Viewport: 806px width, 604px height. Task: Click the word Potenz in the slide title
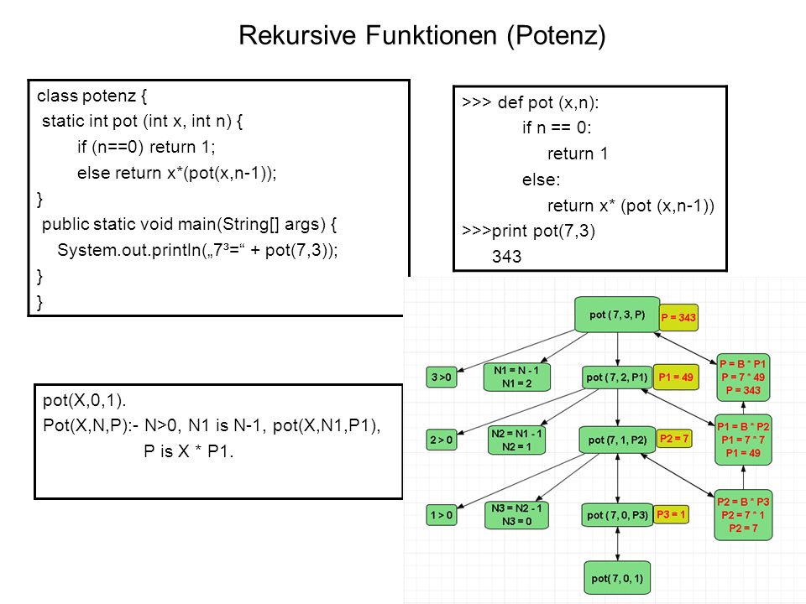pos(556,35)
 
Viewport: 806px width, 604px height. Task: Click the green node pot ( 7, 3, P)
pos(617,315)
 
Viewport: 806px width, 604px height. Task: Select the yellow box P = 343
pos(678,317)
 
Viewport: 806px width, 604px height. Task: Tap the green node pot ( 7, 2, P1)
pos(617,377)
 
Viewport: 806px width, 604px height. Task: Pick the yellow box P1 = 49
pos(676,377)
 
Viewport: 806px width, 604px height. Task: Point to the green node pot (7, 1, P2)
pos(617,440)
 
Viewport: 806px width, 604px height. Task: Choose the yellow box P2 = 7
pos(674,439)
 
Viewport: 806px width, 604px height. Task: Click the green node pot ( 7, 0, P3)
pos(617,514)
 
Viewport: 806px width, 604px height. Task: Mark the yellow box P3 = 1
pos(671,514)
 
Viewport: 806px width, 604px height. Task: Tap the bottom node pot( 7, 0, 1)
pos(617,578)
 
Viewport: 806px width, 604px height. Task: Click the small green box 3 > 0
pos(441,377)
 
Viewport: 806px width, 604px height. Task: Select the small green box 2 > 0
pos(441,440)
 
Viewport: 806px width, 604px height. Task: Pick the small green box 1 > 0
pos(441,515)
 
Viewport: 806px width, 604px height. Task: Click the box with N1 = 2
pos(516,377)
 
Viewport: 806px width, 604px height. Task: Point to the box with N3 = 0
pos(516,515)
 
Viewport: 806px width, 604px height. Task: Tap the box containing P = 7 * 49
pos(743,377)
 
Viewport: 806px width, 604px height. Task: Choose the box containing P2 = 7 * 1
pos(743,514)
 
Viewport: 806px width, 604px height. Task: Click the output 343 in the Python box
pos(506,257)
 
